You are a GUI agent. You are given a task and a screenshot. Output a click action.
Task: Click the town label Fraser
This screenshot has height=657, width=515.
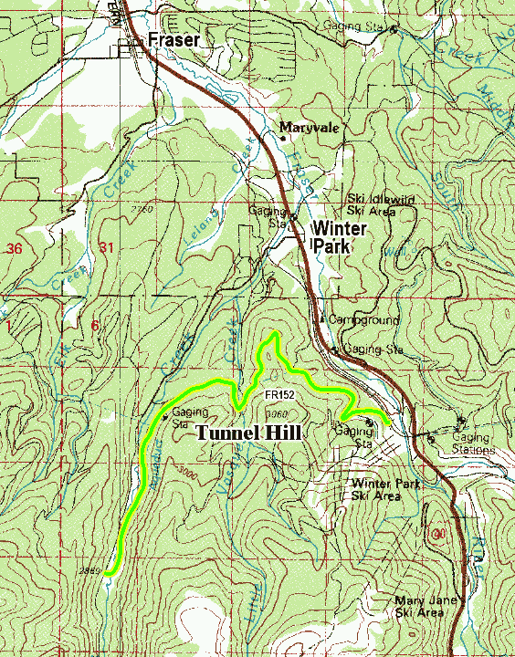pos(174,41)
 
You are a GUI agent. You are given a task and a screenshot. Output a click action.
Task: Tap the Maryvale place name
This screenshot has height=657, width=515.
pos(310,128)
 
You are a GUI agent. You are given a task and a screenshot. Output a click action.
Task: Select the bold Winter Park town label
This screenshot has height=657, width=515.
pos(340,236)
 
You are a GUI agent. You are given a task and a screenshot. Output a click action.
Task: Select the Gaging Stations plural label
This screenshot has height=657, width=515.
pos(471,443)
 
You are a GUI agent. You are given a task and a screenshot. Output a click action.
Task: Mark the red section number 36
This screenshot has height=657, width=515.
pos(13,248)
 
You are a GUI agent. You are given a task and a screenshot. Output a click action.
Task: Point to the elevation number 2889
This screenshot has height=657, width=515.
pos(89,570)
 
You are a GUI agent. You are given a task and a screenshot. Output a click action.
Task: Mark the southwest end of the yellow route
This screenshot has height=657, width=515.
pos(107,573)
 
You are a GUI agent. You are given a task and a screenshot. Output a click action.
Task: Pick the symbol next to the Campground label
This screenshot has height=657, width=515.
pos(321,319)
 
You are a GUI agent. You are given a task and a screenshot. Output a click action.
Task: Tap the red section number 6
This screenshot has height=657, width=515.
pos(94,326)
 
